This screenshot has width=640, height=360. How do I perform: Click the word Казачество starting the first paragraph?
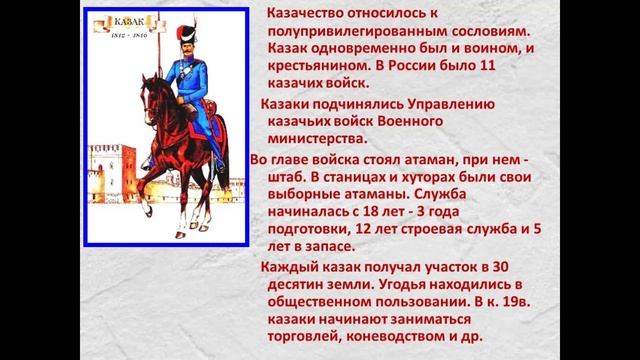pyautogui.click(x=321, y=15)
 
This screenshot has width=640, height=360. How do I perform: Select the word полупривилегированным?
pyautogui.click(x=365, y=33)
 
